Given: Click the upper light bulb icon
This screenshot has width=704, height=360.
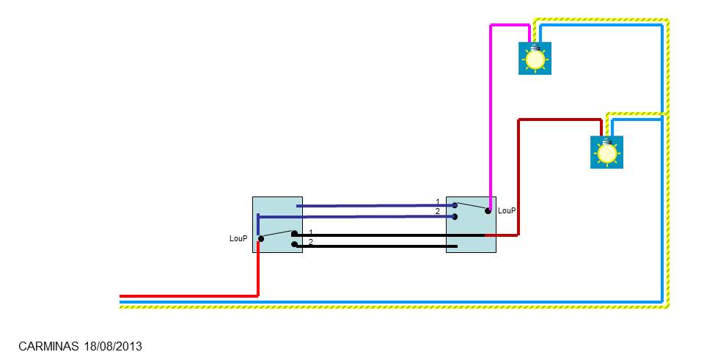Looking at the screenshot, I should click(535, 58).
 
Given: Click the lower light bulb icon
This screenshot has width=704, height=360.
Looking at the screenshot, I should click(606, 152).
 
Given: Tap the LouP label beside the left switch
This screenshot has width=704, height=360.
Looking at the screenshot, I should click(238, 238).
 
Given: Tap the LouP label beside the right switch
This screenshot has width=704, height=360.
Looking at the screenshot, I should click(507, 210).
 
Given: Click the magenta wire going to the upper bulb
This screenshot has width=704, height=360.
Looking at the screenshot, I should click(490, 110).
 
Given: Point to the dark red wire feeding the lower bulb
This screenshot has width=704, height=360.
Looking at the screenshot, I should click(519, 176).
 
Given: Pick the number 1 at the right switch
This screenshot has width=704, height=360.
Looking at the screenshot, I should click(438, 202).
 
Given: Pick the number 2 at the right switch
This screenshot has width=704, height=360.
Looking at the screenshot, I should click(438, 211).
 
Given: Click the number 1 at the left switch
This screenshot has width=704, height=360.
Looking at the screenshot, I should click(311, 232).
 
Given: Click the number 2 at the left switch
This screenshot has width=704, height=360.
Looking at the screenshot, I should click(311, 242).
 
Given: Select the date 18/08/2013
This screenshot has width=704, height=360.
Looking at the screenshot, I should click(113, 345).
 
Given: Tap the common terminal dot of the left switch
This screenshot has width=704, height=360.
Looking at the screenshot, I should click(260, 238).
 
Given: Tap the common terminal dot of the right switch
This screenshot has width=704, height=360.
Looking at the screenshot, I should click(488, 210).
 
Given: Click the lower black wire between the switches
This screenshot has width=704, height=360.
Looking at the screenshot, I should click(374, 246).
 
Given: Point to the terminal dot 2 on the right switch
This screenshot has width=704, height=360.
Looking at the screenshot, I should click(455, 216).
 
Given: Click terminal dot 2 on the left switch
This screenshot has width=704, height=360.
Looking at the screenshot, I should click(294, 244).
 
